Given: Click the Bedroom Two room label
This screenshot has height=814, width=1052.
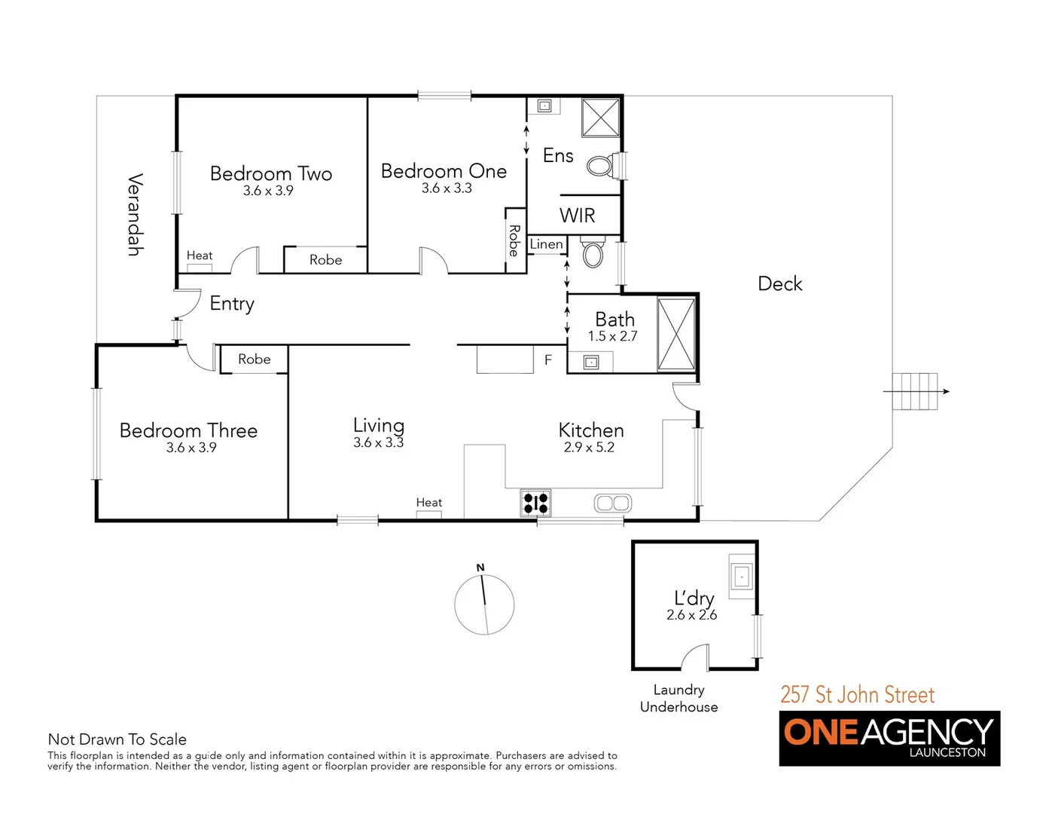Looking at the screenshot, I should (x=271, y=174).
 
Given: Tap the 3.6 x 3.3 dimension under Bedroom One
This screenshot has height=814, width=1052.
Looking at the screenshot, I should (x=447, y=188).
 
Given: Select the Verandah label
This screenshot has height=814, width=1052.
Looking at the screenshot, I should (x=135, y=215).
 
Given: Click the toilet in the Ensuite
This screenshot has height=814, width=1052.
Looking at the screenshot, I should (x=599, y=166).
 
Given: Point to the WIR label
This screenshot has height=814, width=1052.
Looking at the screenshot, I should (x=577, y=216).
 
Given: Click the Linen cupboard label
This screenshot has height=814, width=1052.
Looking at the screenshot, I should (x=546, y=244).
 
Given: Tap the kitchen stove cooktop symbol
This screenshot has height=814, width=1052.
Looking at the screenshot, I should (x=535, y=503).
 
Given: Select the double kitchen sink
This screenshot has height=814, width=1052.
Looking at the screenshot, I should (x=612, y=503).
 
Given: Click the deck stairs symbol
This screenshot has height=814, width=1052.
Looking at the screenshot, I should (x=915, y=391).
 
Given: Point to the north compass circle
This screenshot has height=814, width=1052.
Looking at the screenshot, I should (x=484, y=604).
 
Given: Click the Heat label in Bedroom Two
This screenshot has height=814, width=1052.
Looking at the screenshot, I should (x=200, y=256).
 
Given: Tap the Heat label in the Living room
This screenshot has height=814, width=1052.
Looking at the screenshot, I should (x=429, y=503).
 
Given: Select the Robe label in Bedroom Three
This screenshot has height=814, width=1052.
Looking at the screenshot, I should (x=255, y=360).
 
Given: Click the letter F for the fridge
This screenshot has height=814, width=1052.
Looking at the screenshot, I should (x=548, y=360).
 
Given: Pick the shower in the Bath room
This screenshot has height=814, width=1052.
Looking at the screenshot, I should (x=675, y=334).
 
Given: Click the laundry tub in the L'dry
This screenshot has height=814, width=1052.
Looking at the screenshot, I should (x=741, y=577).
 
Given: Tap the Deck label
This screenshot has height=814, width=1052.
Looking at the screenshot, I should (x=779, y=284).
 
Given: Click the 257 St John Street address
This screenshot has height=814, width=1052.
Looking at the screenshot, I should (x=857, y=694).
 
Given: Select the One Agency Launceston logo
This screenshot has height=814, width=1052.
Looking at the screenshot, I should (x=889, y=738).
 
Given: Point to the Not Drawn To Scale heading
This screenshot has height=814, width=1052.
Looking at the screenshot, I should (x=117, y=739).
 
